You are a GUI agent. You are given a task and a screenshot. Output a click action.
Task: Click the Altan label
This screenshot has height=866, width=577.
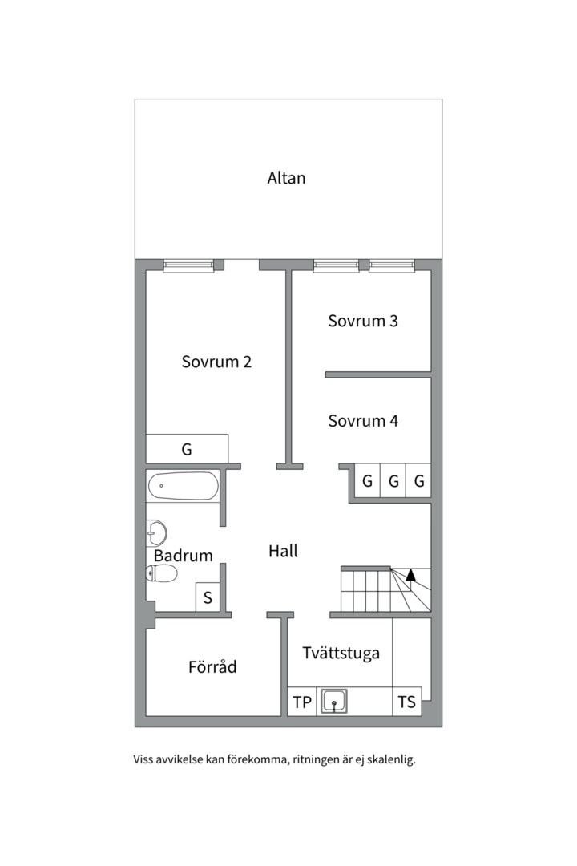pos(286,178)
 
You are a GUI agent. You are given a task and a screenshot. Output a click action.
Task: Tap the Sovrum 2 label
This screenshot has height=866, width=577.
pos(216,362)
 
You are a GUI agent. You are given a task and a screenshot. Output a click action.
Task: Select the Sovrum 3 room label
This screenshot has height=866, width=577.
pos(363,321)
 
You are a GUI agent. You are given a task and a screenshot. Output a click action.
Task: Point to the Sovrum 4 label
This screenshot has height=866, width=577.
pos(363,420)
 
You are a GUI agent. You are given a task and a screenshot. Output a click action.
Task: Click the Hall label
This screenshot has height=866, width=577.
pos(283,551)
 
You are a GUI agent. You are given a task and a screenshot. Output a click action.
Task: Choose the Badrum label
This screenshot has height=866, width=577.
pos(184,556)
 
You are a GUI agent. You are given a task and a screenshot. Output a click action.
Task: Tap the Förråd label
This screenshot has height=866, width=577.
pos(212,666)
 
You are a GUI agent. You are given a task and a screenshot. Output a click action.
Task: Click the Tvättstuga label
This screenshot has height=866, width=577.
pos(341,653)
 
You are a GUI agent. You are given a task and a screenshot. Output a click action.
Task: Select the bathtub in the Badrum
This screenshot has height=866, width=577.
pos(183,485)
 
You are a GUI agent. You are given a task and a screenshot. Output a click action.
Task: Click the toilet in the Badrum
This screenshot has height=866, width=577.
pos(163,573)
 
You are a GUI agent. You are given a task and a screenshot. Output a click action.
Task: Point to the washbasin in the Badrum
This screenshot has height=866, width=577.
pos(156,532)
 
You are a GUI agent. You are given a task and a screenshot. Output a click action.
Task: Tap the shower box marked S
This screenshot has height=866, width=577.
pos(208,597)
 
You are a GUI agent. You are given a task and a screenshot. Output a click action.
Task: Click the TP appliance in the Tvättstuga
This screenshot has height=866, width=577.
pos(302,702)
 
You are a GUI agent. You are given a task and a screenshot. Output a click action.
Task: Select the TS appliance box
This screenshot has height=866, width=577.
pos(407,702)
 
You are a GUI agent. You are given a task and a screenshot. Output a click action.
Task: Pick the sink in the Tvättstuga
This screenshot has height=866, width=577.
pos(334,702)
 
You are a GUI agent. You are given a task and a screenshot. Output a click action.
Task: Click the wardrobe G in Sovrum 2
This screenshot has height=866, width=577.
pos(187,449)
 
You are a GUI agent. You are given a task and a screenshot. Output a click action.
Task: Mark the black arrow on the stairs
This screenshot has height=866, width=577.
pos(410,573)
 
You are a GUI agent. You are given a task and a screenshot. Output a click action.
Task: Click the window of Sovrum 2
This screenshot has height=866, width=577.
pos(188,265)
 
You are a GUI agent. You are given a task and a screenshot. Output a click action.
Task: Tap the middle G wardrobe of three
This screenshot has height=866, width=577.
pos(393,482)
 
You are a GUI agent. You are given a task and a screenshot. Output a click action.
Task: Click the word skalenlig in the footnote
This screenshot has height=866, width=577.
pos(392,759)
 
